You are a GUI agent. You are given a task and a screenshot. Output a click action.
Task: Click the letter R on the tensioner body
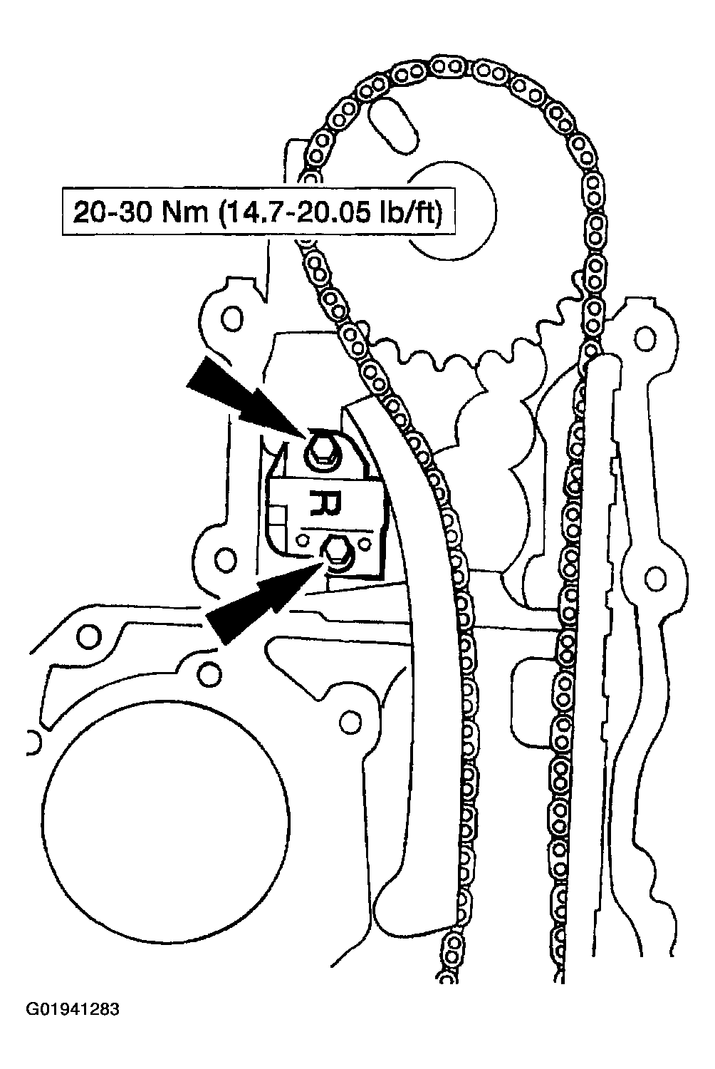click(325, 503)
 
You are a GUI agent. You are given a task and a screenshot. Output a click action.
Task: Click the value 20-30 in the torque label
click(112, 212)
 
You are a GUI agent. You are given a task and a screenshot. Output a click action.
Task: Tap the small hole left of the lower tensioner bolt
click(301, 539)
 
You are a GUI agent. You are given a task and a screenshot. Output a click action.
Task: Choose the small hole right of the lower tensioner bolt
click(365, 542)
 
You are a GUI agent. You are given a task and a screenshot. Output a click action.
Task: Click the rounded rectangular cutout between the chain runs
click(533, 701)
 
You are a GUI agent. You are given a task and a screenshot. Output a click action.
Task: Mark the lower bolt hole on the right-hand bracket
click(655, 577)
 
